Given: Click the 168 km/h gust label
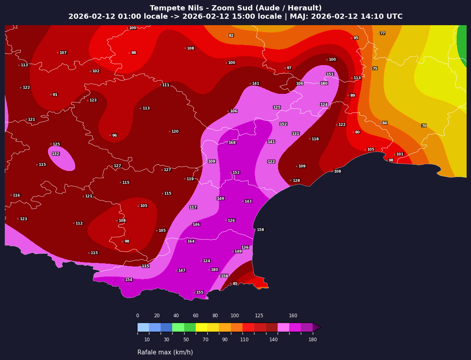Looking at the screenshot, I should click(x=232, y=143).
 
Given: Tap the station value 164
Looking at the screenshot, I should click(x=191, y=241).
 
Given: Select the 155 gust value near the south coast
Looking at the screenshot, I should click(x=200, y=292).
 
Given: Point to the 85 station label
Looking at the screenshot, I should click(x=235, y=284).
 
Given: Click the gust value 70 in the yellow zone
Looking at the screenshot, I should click(x=424, y=126).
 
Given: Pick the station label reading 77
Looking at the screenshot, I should click(x=382, y=33).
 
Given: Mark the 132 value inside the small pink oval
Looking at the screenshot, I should click(x=56, y=154).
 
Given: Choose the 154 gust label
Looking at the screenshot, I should click(x=129, y=280).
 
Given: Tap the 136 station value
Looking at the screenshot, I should click(x=245, y=247).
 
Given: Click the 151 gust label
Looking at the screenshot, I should click(x=330, y=74).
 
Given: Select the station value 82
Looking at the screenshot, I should click(x=231, y=36).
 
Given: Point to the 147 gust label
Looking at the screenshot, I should click(x=182, y=270).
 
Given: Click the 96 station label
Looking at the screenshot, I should click(x=114, y=135).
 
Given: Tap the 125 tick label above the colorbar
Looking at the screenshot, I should click(x=259, y=316).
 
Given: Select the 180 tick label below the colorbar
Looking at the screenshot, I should click(x=312, y=340).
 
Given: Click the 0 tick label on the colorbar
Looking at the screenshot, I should click(x=137, y=316).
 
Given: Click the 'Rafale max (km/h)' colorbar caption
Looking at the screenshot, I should click(x=165, y=352).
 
